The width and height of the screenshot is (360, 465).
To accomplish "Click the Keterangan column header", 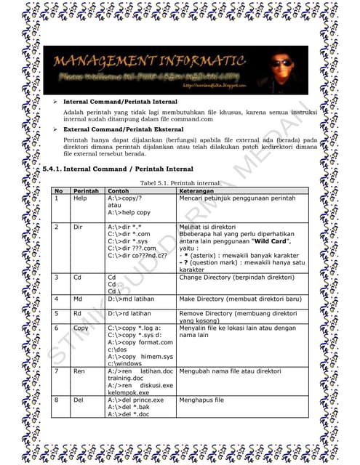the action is pos(199,192).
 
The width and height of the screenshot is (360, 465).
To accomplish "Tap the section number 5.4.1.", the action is pos(52,169).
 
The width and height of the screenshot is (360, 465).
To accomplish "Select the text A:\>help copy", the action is pos(129,212).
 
